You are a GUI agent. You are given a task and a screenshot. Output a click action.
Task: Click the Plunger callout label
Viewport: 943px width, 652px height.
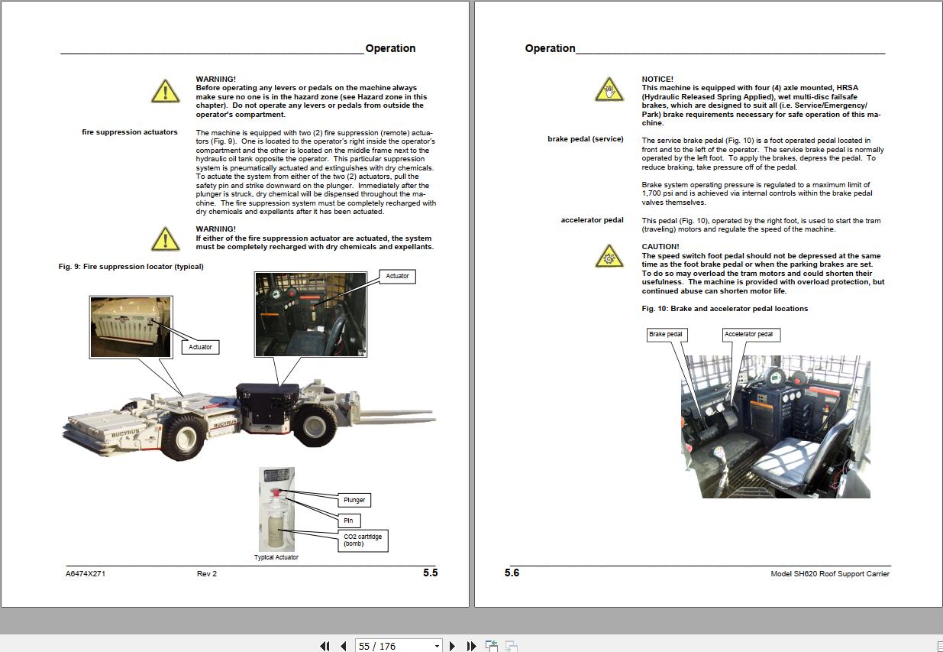pos(354,500)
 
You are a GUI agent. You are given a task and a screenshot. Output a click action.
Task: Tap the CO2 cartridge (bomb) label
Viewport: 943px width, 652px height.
pos(363,540)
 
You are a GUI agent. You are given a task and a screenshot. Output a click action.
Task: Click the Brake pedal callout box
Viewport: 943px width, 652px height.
pos(666,335)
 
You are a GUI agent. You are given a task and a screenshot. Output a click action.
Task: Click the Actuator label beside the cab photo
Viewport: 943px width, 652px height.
pos(397,276)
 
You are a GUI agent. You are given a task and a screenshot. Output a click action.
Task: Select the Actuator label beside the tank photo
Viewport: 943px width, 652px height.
pos(200,347)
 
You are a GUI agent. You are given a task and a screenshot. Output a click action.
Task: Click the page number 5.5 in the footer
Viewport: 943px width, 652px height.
pos(430,573)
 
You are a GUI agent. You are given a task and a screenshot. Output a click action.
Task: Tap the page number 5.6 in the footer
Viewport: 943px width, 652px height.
pos(512,573)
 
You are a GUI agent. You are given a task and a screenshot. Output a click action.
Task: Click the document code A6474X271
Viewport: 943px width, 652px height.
pos(86,573)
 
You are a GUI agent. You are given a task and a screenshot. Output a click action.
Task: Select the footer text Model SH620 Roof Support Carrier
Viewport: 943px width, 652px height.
pos(830,574)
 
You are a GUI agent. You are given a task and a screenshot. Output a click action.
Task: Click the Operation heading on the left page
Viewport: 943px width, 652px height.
pos(390,48)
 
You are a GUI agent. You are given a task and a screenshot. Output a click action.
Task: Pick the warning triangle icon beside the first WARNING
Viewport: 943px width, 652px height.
pos(165,92)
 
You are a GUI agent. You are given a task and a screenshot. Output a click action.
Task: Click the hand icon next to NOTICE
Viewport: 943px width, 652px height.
pos(609,91)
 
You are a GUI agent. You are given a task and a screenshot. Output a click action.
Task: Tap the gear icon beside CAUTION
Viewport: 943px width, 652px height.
pos(609,257)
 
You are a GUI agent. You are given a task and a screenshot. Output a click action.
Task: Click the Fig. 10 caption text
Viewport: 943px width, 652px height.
pos(725,309)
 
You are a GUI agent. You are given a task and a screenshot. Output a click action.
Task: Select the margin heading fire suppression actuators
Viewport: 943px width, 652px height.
pos(130,132)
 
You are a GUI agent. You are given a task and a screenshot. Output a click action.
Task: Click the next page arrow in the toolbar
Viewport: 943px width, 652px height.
pos(452,646)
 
